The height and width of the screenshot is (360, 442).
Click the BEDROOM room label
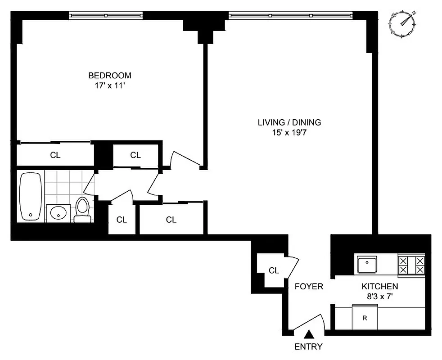pos(109,75)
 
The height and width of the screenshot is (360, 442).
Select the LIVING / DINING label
pos(289,122)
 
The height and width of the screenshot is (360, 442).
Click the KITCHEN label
pos(379,286)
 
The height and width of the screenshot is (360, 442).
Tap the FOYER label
pos(309,286)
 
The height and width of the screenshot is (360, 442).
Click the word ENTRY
pos(308,346)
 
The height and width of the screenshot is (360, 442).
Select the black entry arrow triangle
pos(309,334)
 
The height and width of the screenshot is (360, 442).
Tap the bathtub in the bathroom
pos(31,196)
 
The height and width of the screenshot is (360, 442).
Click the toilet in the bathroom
pos(82,210)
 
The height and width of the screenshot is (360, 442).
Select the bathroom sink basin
pos(58,213)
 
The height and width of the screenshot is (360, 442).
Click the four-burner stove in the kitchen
pos(411,265)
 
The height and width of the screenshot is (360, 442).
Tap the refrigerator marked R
pos(365,318)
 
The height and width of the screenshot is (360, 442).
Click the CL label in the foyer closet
pos(274,270)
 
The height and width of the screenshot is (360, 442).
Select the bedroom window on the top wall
pos(106,15)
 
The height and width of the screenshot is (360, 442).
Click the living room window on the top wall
pos(291,15)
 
